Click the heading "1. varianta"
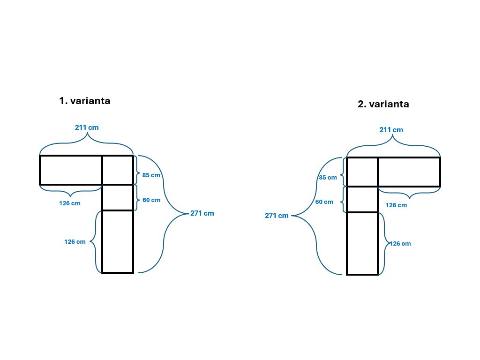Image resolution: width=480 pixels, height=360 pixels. coord(85,101)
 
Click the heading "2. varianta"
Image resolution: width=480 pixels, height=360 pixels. coord(383,104)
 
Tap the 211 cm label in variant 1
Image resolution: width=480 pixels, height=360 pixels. coord(87,127)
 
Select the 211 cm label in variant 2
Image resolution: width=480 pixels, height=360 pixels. coord(391,130)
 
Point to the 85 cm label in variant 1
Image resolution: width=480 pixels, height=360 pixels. coord(151,175)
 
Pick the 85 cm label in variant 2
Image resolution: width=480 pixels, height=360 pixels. coord(328,178)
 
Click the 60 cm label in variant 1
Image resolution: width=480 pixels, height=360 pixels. coord(151,200)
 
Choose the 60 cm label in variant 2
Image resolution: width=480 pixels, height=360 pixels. coord(324,202)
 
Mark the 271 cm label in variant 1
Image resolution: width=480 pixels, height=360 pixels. coord(202,213)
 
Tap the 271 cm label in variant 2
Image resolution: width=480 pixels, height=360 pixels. coord(277,216)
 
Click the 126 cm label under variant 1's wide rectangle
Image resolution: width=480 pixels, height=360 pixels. coord(69,203)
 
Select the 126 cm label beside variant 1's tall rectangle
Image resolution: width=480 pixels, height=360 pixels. coord(75,242)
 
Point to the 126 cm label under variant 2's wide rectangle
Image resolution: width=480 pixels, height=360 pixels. coord(396,205)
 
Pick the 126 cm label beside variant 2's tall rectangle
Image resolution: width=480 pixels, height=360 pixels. coord(400,244)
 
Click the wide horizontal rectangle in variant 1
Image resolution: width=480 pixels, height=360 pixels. coord(71,170)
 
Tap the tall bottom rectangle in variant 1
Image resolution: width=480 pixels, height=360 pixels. coord(118,241)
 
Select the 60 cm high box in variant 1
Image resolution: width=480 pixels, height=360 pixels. coord(118,197)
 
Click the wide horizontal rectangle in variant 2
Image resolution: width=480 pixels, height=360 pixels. coord(409,172)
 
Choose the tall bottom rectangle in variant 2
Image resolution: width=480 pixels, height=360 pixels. coord(362,243)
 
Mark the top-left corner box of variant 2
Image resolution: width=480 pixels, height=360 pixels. coord(362,172)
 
